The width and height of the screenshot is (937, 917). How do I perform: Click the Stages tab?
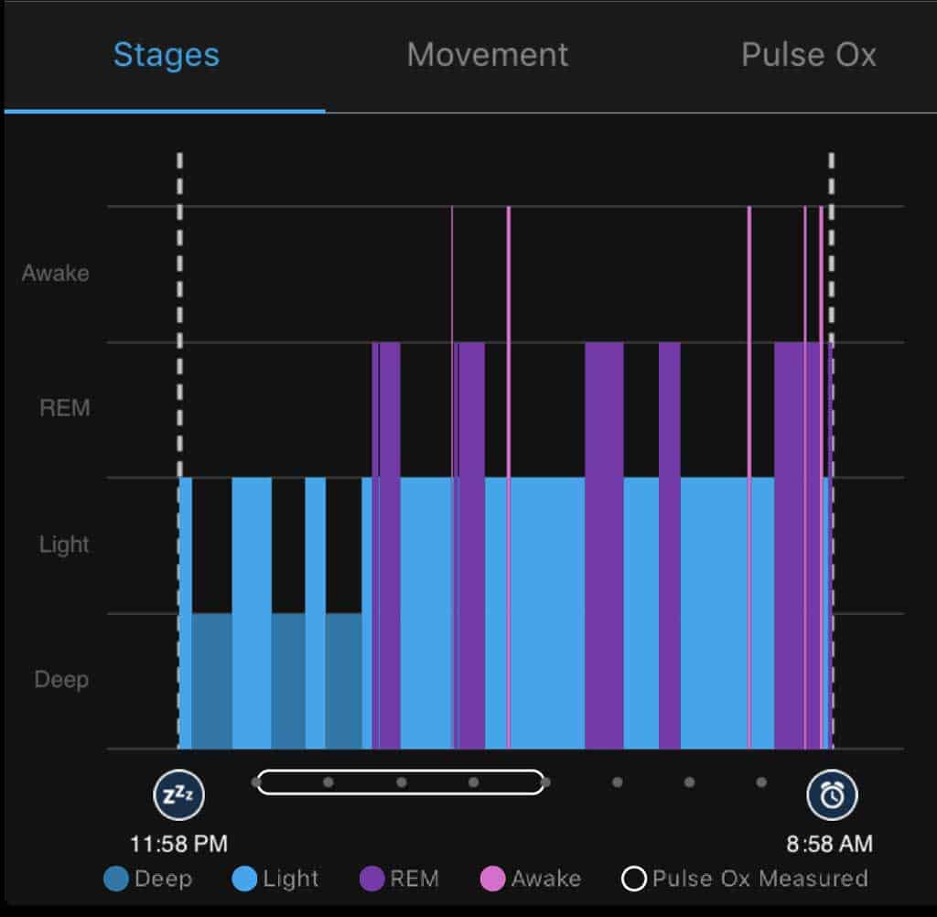pyautogui.click(x=166, y=55)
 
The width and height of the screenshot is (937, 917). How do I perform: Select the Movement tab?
pyautogui.click(x=487, y=55)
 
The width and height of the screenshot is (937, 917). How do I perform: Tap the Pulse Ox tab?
pyautogui.click(x=808, y=55)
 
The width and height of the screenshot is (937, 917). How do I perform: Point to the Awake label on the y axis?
pyautogui.click(x=56, y=273)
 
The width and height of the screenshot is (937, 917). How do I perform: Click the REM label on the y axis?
pyautogui.click(x=65, y=408)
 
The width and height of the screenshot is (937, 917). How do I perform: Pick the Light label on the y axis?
pyautogui.click(x=64, y=545)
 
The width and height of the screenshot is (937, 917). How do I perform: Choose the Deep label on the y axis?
pyautogui.click(x=61, y=680)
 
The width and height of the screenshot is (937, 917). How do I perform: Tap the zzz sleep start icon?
pyautogui.click(x=178, y=794)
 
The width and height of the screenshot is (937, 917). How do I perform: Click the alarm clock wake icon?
pyautogui.click(x=832, y=794)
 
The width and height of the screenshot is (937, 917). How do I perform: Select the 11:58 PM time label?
pyautogui.click(x=178, y=843)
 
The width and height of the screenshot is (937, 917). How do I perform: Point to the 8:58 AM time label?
pyautogui.click(x=829, y=843)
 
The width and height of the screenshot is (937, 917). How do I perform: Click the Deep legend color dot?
pyautogui.click(x=116, y=879)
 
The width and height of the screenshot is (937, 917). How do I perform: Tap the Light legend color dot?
pyautogui.click(x=244, y=879)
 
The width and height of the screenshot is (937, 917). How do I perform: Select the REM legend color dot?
pyautogui.click(x=372, y=879)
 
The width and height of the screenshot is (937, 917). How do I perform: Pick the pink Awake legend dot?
pyautogui.click(x=492, y=879)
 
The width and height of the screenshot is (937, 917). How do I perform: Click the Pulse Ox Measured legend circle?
pyautogui.click(x=634, y=879)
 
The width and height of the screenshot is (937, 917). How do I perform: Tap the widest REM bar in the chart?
pyautogui.click(x=797, y=545)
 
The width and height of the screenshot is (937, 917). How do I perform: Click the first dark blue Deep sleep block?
pyautogui.click(x=211, y=680)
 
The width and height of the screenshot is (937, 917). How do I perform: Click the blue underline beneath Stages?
pyautogui.click(x=165, y=111)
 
